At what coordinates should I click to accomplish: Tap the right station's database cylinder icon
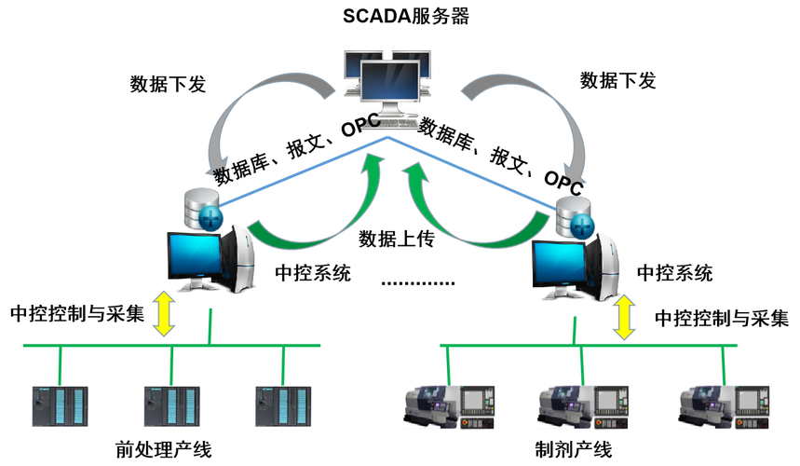tap(571, 213)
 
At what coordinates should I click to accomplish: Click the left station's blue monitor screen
tap(193, 253)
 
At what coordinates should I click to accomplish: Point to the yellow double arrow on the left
tap(164, 313)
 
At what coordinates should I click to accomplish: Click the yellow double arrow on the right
tap(623, 318)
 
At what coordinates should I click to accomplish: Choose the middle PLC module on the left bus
tap(170, 406)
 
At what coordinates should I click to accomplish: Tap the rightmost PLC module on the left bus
tap(282, 406)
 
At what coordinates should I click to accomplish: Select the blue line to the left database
tap(298, 171)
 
